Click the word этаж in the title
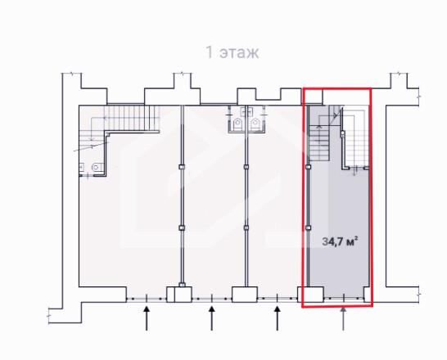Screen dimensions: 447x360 click(239, 53)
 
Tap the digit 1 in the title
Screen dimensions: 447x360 click(210, 52)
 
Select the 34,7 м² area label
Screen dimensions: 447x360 click(340, 242)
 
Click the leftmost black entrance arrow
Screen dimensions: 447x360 click(147, 318)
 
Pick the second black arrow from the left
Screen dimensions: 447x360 click(212, 318)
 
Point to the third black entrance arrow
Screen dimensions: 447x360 click(277, 318)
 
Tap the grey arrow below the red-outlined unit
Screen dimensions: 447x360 click(344, 318)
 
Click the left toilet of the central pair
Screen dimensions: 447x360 click(238, 124)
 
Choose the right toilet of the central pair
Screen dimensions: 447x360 click(255, 124)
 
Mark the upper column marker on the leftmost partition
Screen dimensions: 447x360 click(182, 167)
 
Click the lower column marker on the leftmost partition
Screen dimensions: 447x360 click(182, 227)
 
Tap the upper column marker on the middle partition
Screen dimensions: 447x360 click(246, 167)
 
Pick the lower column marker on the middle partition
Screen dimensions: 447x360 click(246, 227)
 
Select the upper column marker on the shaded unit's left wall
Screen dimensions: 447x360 click(308, 167)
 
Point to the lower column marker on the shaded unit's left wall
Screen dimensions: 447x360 click(308, 227)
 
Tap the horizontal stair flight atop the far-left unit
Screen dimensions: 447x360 click(132, 118)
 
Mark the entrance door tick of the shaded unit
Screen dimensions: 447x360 click(344, 298)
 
